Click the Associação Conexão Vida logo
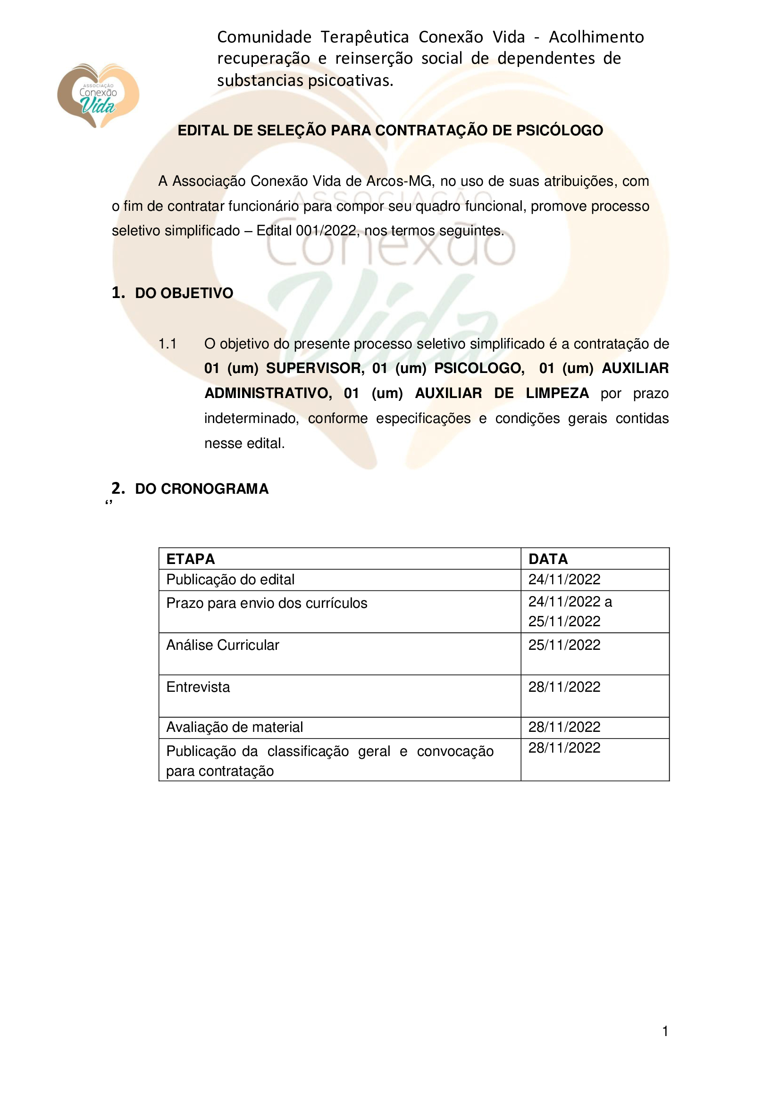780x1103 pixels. [x=98, y=96]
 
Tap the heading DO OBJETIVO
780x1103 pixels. [x=184, y=293]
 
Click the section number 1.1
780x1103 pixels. [x=168, y=344]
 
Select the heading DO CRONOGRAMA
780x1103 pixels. [x=201, y=489]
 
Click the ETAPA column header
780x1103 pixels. [x=191, y=559]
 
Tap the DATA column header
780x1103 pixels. [x=548, y=559]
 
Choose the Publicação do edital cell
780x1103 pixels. [x=230, y=580]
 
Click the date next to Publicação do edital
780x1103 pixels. [x=564, y=580]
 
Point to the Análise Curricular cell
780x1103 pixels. [x=223, y=645]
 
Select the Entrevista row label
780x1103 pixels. [x=198, y=688]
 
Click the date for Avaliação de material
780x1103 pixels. [x=564, y=727]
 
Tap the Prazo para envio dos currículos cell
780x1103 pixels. [x=267, y=604]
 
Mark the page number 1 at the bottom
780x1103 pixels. [x=665, y=1031]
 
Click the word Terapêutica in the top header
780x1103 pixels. [x=365, y=37]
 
